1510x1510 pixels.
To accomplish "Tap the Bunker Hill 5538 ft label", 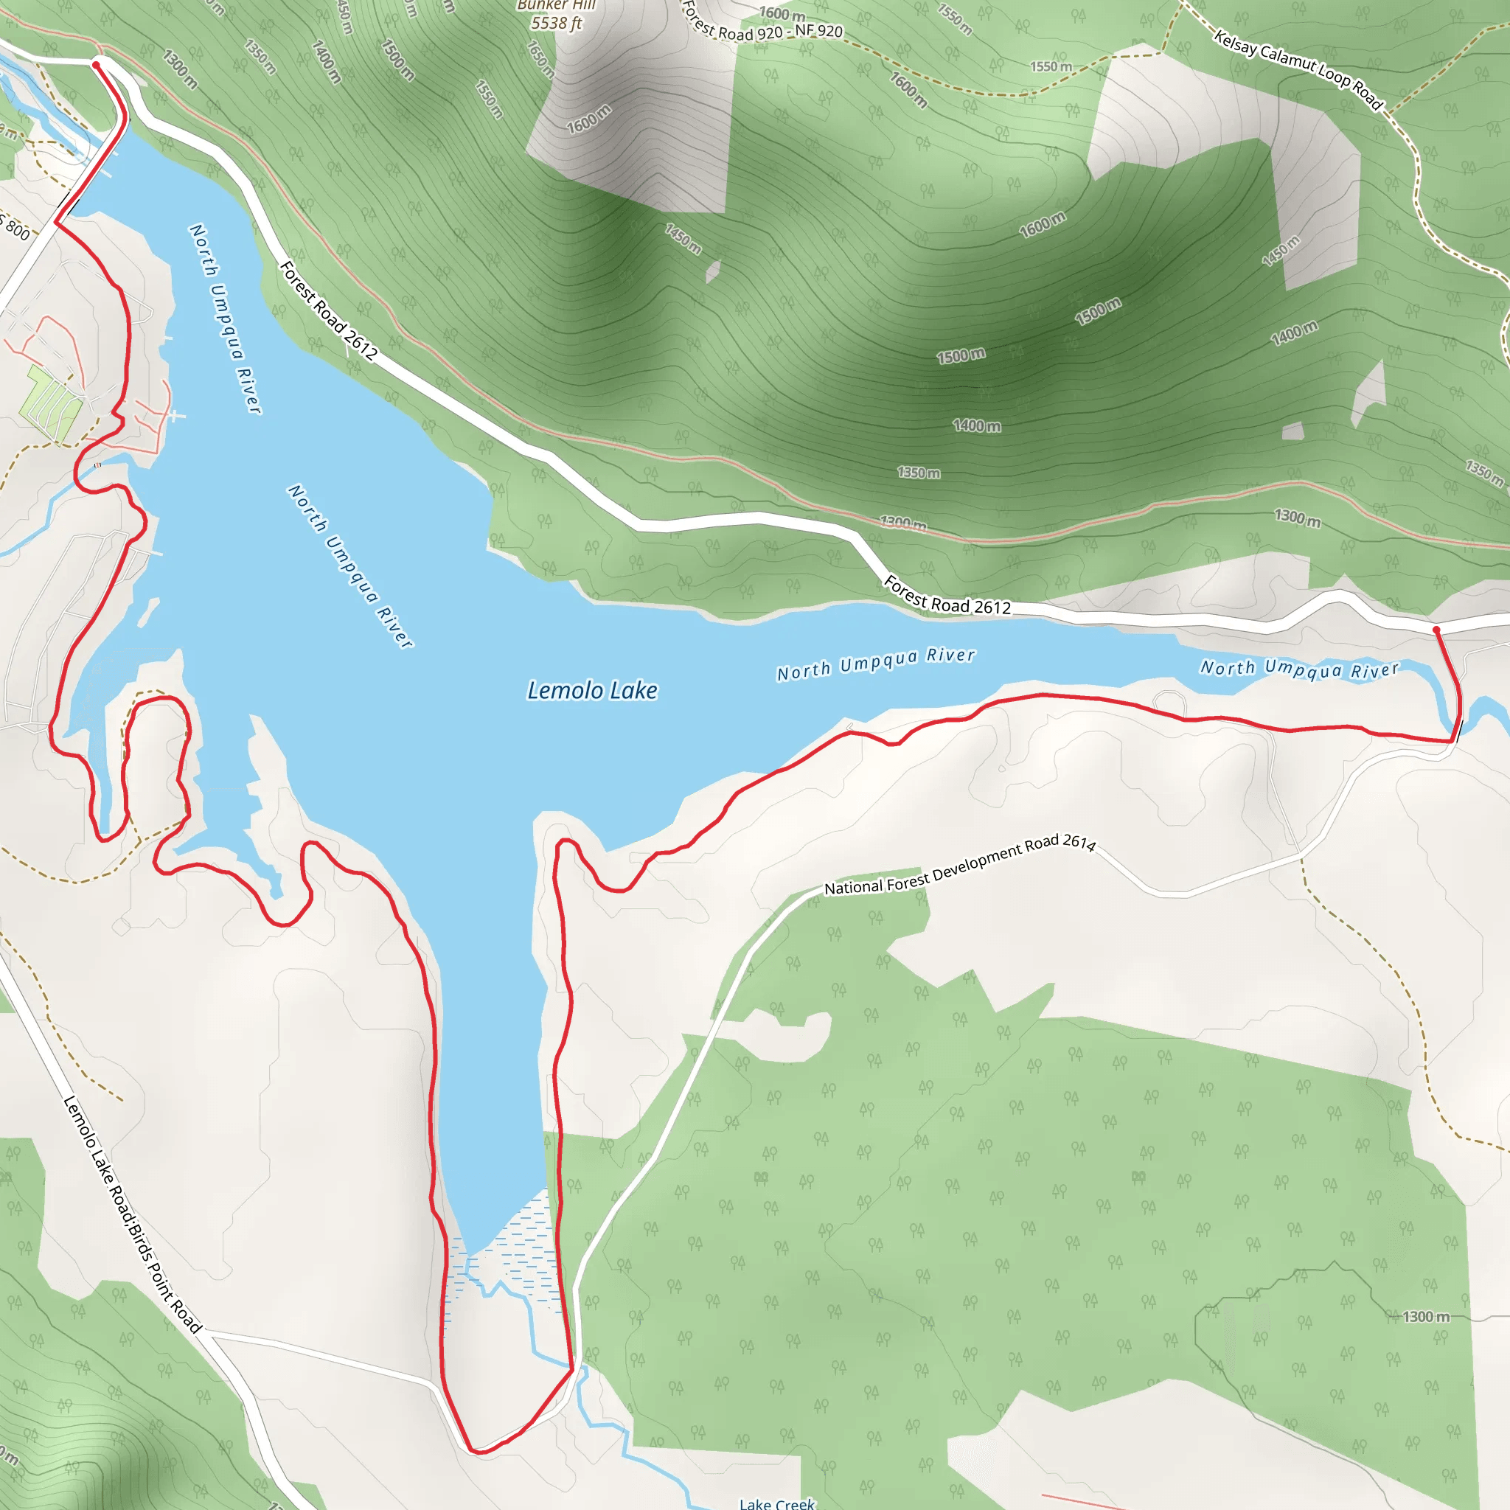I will pyautogui.click(x=557, y=15).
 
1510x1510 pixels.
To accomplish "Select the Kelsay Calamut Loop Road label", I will pyautogui.click(x=1298, y=69).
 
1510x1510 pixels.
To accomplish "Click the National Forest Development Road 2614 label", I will pyautogui.click(x=960, y=865).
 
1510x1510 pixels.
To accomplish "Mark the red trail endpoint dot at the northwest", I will pyautogui.click(x=97, y=65).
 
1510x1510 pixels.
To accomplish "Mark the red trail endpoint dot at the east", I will pyautogui.click(x=1436, y=629).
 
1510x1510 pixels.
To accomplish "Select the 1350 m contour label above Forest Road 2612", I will pyautogui.click(x=919, y=473).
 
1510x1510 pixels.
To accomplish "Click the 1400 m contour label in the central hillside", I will pyautogui.click(x=976, y=426).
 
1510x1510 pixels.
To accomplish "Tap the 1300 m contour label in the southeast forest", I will pyautogui.click(x=1426, y=1317).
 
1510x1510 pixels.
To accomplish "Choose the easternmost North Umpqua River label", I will pyautogui.click(x=1299, y=669).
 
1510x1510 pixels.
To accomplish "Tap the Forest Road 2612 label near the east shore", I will pyautogui.click(x=947, y=596).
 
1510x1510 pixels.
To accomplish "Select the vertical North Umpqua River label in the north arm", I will pyautogui.click(x=225, y=317).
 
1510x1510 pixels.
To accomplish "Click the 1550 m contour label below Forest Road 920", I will pyautogui.click(x=1051, y=67).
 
